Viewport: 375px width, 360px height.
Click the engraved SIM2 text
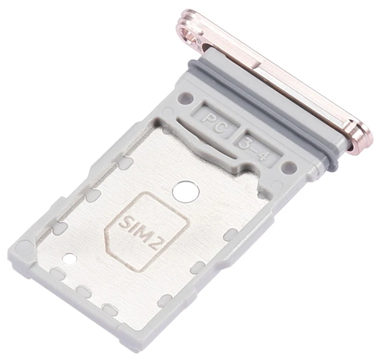[139, 232]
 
